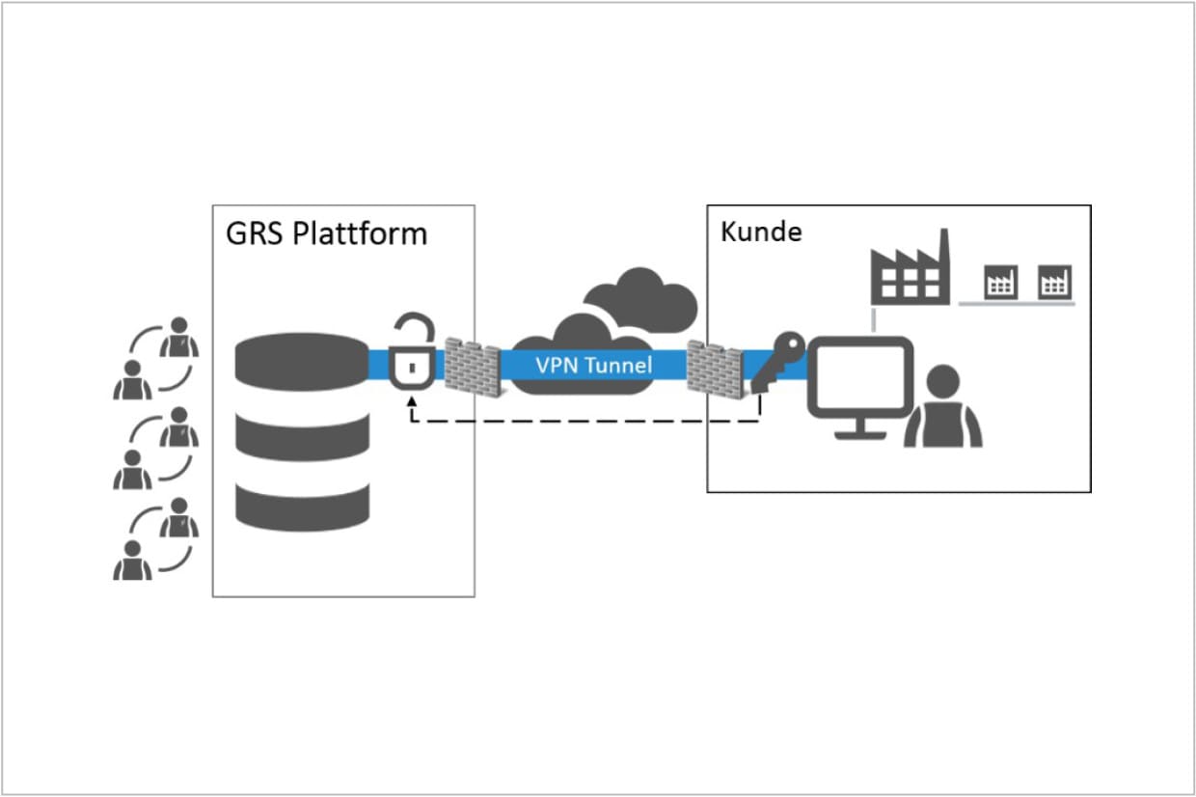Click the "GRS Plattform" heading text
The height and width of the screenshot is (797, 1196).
pos(326,234)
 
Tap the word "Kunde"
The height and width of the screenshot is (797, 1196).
pos(761,232)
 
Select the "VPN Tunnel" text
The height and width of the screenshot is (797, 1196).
pos(594,366)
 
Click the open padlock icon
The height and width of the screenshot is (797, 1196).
pos(412,351)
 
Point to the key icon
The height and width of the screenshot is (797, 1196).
pos(777,361)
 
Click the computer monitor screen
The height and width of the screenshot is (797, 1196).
pos(859,376)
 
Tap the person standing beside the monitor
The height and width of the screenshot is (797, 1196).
pos(943,405)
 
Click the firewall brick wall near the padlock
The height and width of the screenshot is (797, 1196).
pos(473,367)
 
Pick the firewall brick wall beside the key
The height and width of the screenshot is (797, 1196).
pos(715,370)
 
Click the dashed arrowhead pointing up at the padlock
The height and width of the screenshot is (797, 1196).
pos(412,401)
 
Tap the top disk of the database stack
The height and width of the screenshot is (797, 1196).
pos(302,362)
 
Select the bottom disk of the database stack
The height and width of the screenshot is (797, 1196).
pos(302,507)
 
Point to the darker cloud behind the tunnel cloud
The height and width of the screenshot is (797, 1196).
pos(641,299)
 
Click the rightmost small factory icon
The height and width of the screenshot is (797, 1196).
pos(1054,282)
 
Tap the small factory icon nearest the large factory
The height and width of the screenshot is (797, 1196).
pos(1000,282)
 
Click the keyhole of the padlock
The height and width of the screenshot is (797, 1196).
pos(412,368)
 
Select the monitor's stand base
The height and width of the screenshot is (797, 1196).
pos(860,435)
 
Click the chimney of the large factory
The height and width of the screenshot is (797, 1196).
pos(944,250)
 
